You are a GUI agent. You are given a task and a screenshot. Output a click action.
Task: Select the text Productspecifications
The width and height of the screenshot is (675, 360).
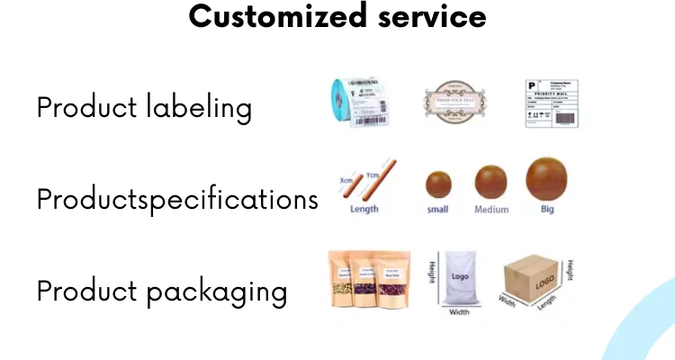(x=177, y=199)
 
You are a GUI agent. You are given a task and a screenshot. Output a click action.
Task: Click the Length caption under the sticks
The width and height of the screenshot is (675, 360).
(x=364, y=210)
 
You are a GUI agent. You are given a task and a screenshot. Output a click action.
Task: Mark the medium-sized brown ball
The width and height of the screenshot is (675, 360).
(x=490, y=183)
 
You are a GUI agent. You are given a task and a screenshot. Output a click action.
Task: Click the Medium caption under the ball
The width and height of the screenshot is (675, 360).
(x=491, y=210)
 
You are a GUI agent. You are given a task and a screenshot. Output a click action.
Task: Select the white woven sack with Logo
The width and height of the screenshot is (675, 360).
(x=460, y=279)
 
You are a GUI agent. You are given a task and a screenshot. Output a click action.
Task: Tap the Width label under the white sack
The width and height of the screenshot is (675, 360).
(x=459, y=313)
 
